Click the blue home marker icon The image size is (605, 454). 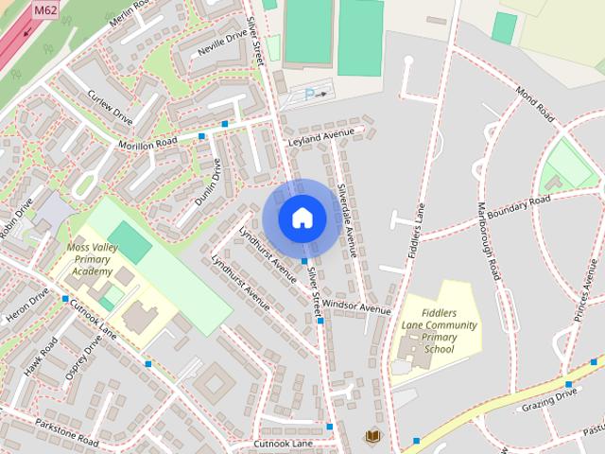tap(302, 218)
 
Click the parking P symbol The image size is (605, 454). tap(309, 94)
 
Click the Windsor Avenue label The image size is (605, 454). tap(355, 306)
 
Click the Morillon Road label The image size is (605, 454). tap(147, 143)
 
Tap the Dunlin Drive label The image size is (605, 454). tap(207, 182)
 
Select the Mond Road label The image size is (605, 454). tap(535, 103)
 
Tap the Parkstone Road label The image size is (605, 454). tap(66, 430)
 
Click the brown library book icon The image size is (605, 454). tap(372, 436)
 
